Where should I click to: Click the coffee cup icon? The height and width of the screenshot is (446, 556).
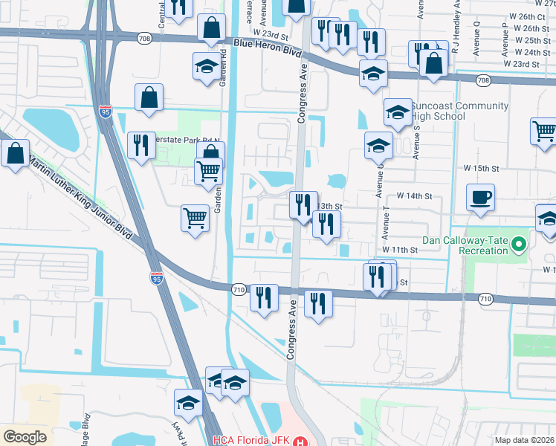tap(480, 198)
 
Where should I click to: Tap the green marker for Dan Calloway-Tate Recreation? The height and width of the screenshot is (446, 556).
tap(520, 243)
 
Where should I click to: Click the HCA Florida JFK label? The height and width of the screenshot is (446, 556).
tap(252, 440)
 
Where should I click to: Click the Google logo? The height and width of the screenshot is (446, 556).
tap(25, 436)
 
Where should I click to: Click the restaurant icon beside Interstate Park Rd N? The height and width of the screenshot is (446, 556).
tap(140, 146)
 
